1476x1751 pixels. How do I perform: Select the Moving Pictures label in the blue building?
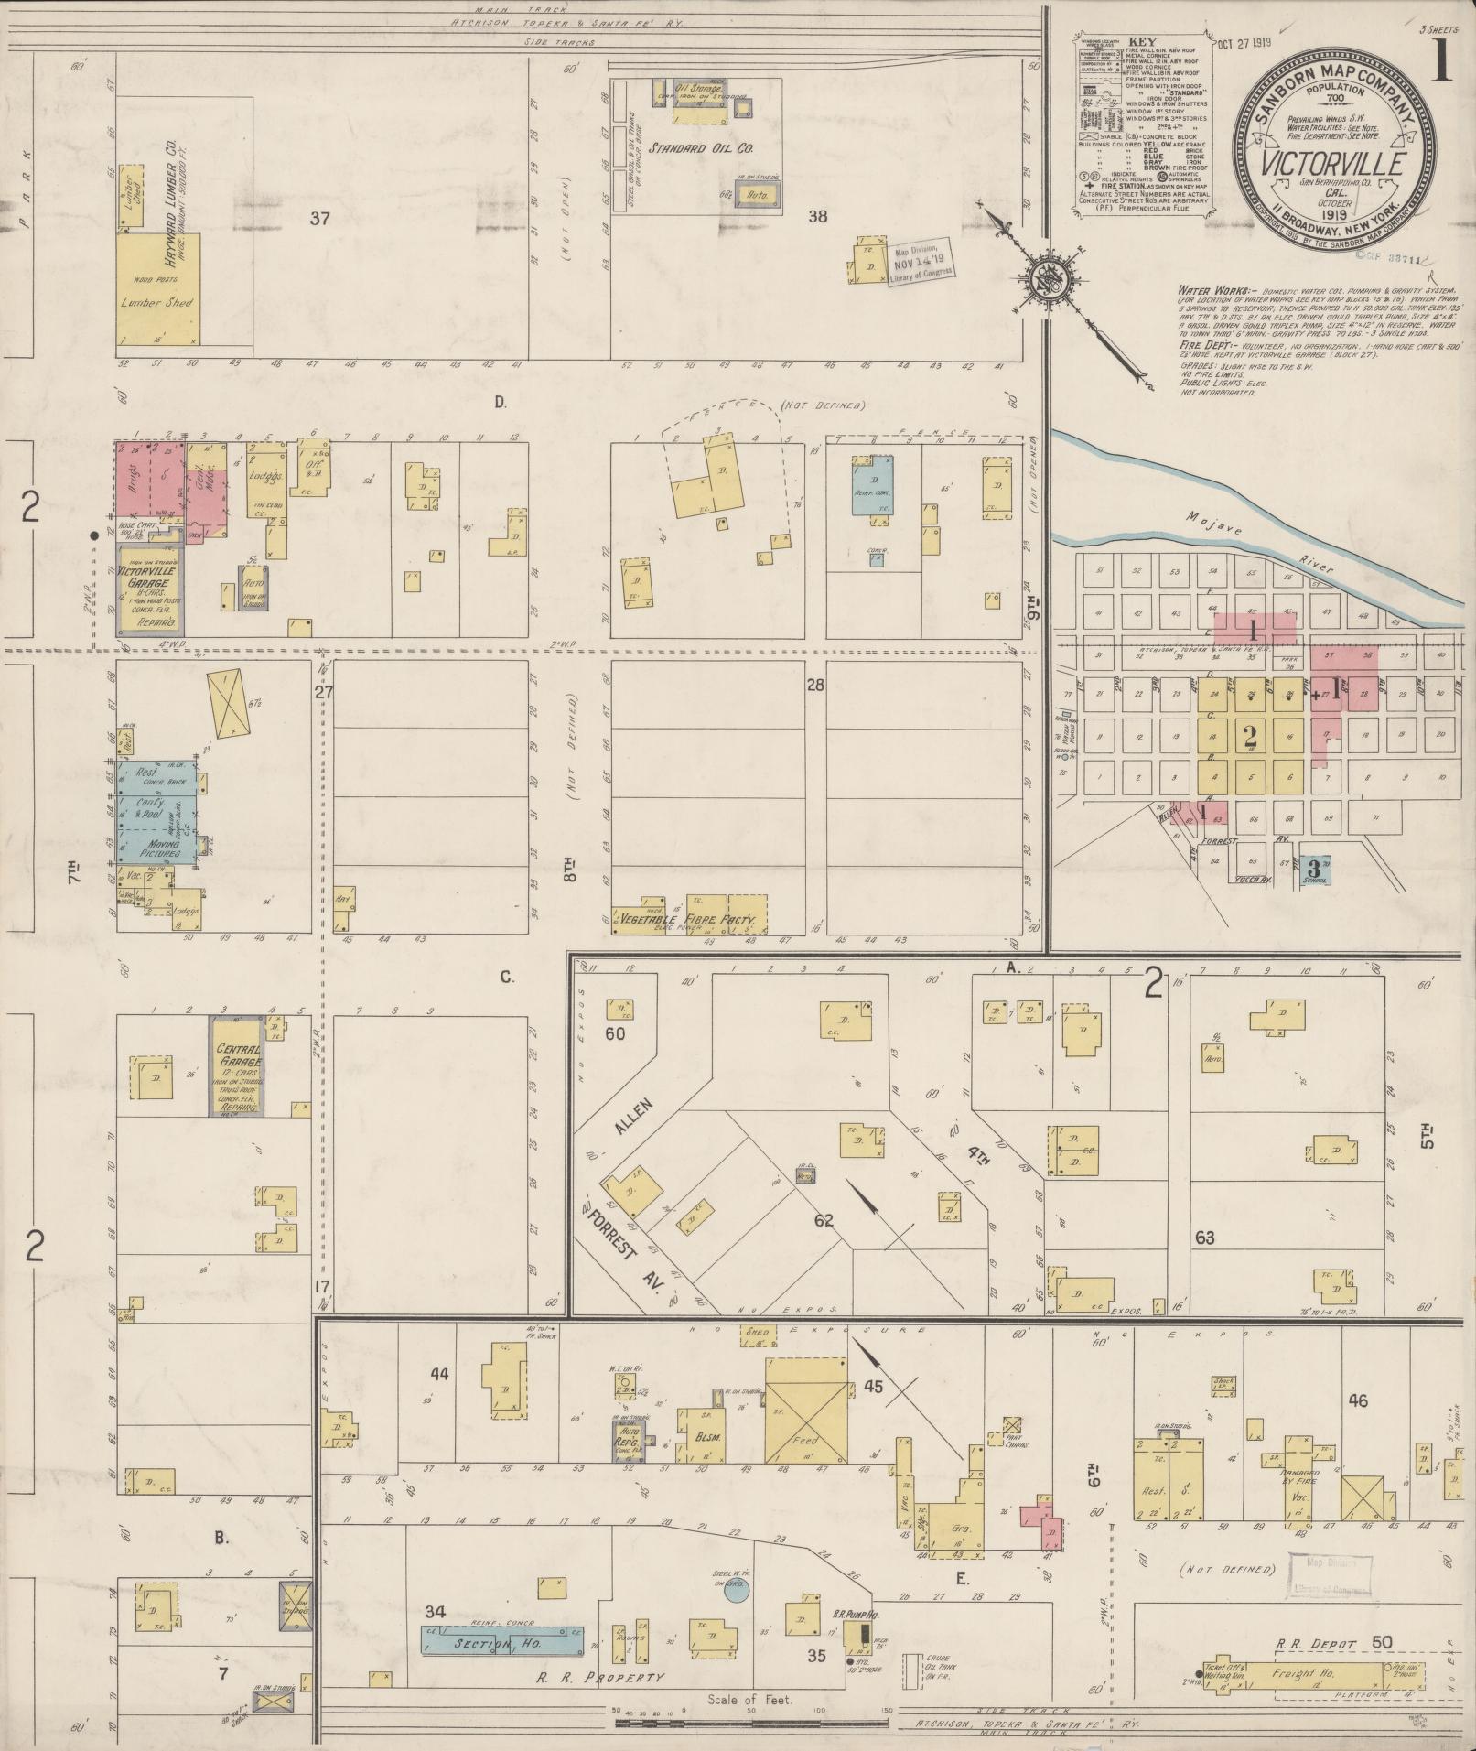pos(156,848)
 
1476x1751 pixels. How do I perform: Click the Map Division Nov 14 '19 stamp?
pos(921,261)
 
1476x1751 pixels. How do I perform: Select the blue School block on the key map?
pos(1316,868)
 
